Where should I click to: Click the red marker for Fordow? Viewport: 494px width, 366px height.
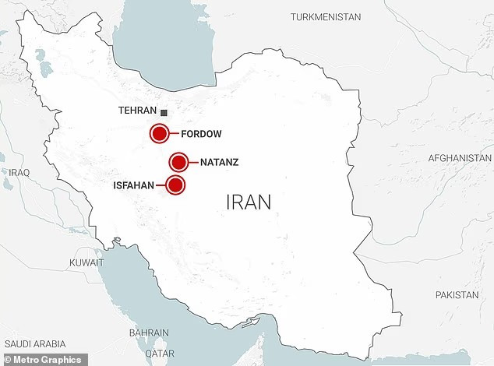click(160, 134)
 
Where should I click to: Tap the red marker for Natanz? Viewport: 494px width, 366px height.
click(179, 163)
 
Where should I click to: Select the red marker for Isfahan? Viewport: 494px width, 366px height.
click(176, 185)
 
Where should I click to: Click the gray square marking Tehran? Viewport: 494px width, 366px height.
click(164, 112)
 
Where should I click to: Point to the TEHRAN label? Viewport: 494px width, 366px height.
click(137, 111)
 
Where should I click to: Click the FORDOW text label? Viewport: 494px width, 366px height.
click(201, 134)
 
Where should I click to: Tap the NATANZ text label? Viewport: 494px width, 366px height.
click(219, 163)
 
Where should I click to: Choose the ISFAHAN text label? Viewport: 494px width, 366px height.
click(134, 185)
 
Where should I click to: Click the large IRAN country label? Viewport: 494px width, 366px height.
click(249, 202)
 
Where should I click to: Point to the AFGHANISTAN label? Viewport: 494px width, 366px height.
click(460, 158)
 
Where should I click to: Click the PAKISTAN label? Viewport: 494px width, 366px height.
click(457, 295)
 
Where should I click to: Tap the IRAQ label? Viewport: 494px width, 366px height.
click(19, 171)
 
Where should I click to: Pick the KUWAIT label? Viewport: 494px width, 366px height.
click(86, 262)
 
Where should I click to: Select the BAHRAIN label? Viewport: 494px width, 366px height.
click(148, 333)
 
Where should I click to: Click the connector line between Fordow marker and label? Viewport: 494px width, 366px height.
click(175, 134)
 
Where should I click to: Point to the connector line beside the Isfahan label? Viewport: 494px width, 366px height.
click(161, 185)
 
